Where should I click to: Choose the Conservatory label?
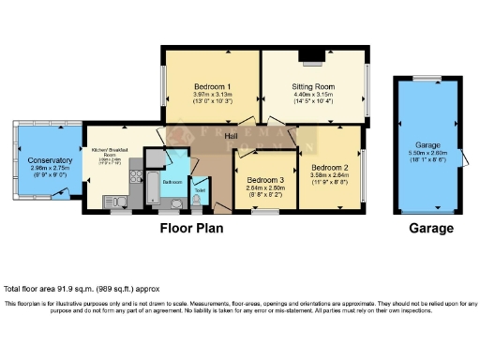coord(43,161)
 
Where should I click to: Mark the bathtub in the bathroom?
coord(149,188)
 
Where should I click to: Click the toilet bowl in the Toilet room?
coord(197,200)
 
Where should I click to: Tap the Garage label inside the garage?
coord(428,145)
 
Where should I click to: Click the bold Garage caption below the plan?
coord(429,228)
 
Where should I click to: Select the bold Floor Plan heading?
coord(191,228)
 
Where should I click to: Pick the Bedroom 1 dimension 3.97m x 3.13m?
coord(211,84)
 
